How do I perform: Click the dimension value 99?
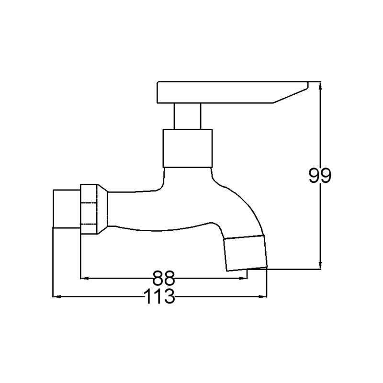[320, 175]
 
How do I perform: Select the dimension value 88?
[164, 278]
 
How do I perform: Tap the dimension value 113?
[160, 296]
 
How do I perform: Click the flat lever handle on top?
[232, 92]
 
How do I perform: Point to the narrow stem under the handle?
[187, 116]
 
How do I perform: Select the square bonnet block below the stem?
[188, 148]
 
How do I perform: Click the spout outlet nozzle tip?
[246, 253]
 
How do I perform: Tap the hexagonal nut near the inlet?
[89, 209]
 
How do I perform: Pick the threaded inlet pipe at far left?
[67, 209]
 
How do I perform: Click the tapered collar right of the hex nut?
[103, 209]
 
